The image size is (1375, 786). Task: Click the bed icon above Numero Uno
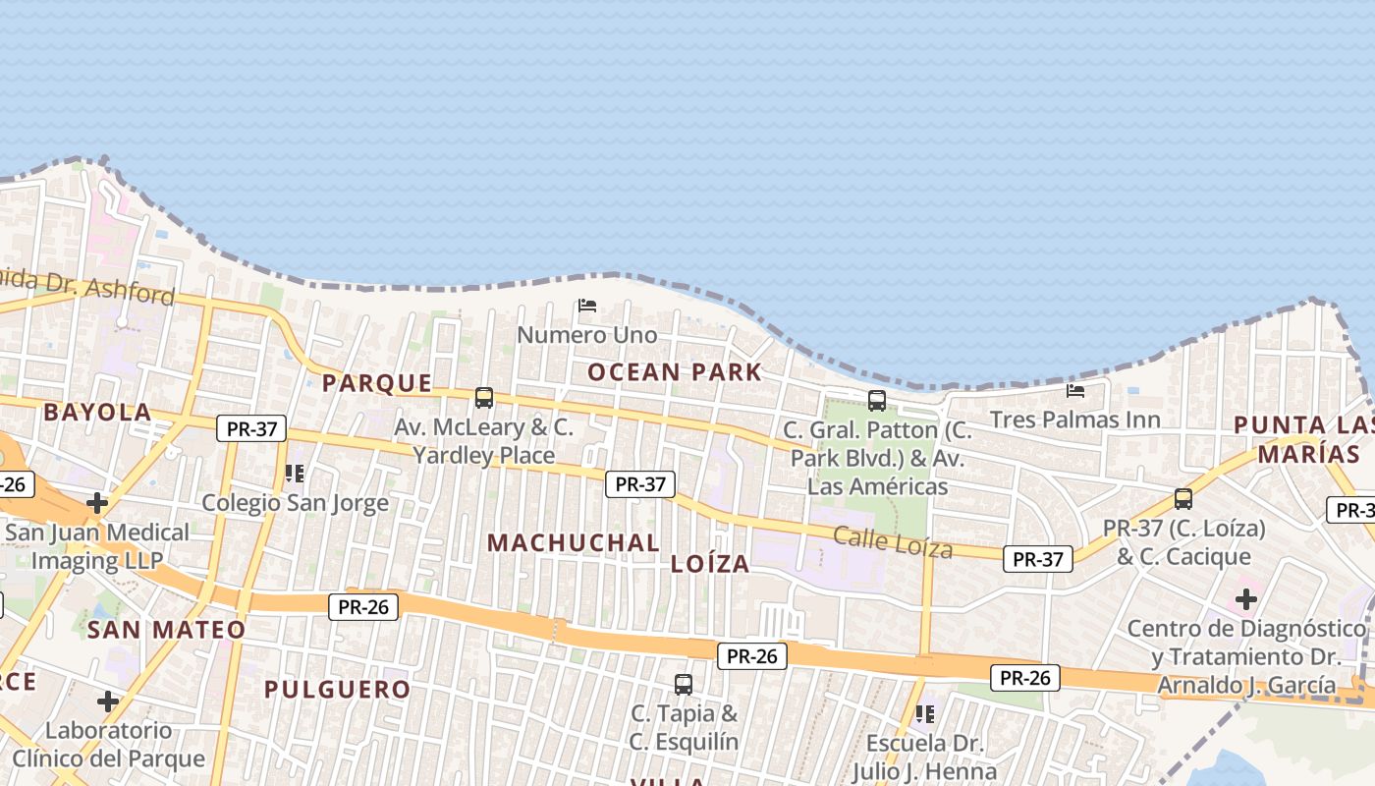click(x=587, y=306)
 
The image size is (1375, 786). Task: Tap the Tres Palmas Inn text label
click(x=1074, y=420)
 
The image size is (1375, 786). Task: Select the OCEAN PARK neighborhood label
click(x=675, y=371)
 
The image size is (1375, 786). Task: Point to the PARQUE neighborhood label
click(x=377, y=383)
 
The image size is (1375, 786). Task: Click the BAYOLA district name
click(x=97, y=412)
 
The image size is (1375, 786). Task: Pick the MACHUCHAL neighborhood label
click(x=574, y=542)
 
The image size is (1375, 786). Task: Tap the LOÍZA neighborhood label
click(x=710, y=564)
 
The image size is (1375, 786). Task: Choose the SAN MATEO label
click(x=167, y=630)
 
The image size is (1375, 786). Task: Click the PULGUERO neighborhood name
click(x=337, y=689)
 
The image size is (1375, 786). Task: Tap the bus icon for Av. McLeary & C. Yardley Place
click(x=484, y=398)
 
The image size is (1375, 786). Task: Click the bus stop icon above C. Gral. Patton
click(x=877, y=401)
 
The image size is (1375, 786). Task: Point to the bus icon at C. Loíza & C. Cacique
click(x=1183, y=499)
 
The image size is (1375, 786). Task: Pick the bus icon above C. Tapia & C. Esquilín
click(x=684, y=684)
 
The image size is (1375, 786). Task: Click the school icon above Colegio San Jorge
click(x=294, y=474)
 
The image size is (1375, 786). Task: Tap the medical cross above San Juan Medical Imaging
click(x=97, y=503)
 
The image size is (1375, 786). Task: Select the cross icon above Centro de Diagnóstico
click(x=1246, y=598)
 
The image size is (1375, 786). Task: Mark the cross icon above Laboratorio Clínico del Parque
click(x=108, y=702)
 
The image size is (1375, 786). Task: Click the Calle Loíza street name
click(x=893, y=541)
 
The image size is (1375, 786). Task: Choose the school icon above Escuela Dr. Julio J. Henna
click(x=923, y=713)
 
